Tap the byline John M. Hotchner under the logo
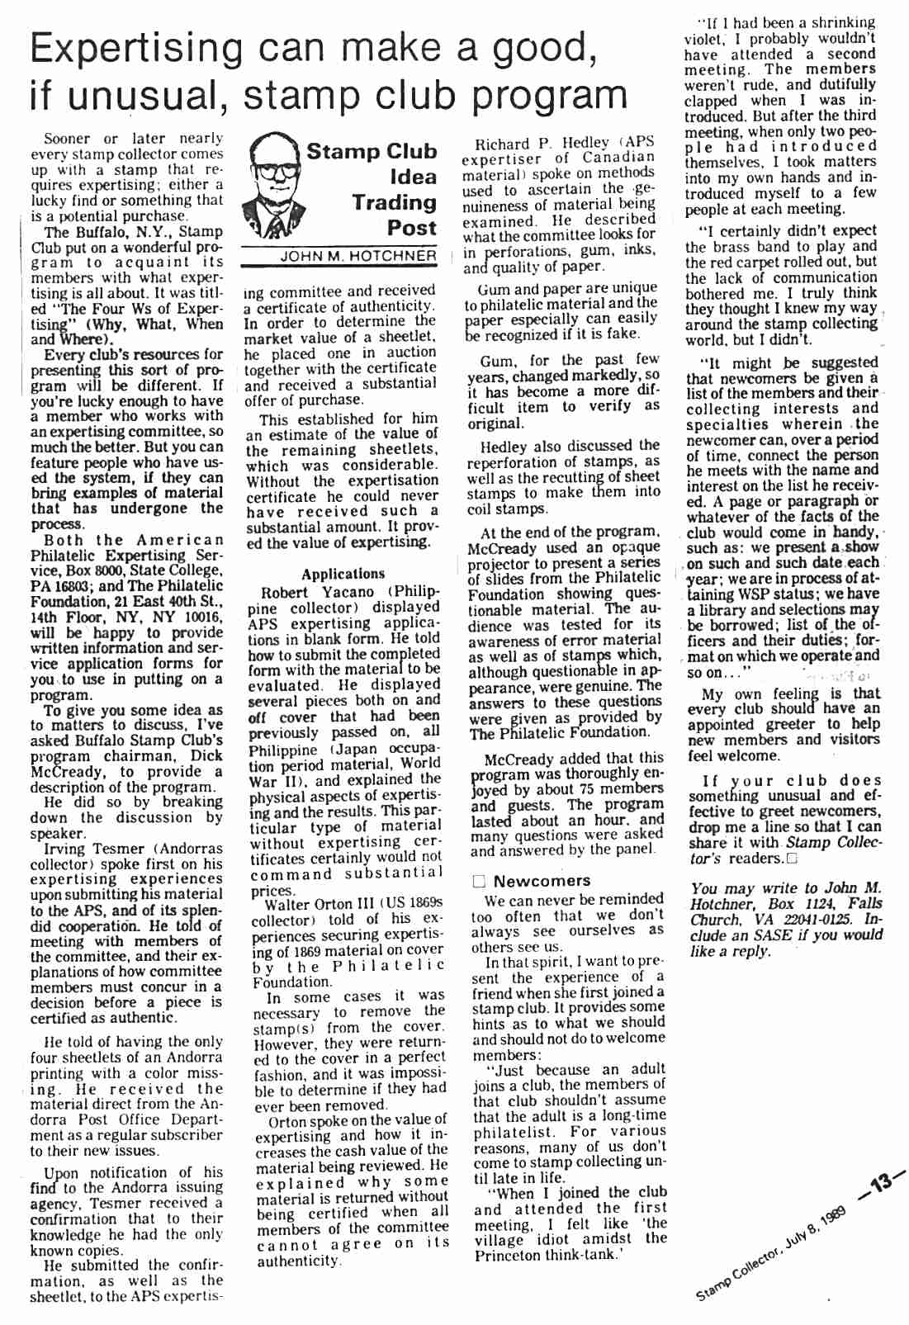(357, 256)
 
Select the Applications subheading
(343, 574)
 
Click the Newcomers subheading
(542, 881)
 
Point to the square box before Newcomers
(479, 882)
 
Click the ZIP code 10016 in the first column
(201, 617)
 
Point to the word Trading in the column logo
(394, 202)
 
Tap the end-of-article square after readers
(793, 859)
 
